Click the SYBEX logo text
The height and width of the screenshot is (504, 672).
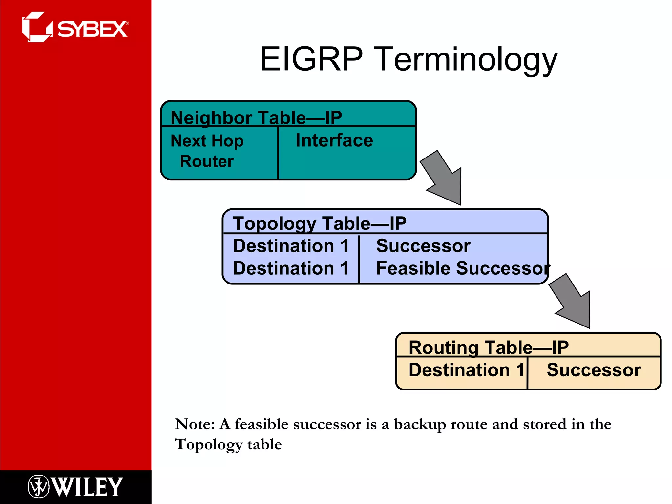coord(92,30)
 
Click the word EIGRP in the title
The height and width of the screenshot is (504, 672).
coord(311,59)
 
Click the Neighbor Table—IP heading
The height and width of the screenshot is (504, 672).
coord(256,117)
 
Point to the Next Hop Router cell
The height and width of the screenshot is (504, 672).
coord(207,151)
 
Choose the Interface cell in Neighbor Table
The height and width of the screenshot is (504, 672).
coord(334,141)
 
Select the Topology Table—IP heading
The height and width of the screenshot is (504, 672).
coord(320,223)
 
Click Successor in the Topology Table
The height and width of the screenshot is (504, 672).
coord(423,246)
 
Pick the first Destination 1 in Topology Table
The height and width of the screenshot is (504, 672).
coord(291,246)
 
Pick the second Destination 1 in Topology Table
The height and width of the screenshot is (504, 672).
coord(291,268)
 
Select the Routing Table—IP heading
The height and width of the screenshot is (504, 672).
coord(488,347)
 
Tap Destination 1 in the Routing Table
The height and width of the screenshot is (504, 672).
coord(466,370)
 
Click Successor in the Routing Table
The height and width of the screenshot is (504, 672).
coord(594,370)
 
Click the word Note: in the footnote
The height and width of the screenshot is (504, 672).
coord(195,424)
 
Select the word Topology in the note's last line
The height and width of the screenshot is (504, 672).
coord(208,445)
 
